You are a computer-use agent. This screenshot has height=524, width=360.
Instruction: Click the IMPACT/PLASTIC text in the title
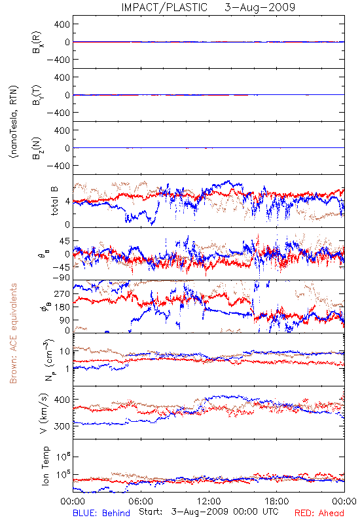click(x=164, y=7)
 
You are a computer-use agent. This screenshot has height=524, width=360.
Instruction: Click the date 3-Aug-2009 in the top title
click(x=260, y=7)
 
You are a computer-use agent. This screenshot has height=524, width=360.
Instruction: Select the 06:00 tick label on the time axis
click(x=141, y=501)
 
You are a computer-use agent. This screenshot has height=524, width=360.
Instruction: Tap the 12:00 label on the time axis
click(x=209, y=501)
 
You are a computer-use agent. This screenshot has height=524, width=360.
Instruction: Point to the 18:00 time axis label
click(x=277, y=501)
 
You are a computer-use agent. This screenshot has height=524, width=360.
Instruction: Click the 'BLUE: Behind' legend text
click(x=101, y=513)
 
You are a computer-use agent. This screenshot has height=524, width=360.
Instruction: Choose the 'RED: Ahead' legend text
click(x=319, y=513)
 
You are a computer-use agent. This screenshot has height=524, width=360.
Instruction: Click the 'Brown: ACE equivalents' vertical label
click(x=13, y=333)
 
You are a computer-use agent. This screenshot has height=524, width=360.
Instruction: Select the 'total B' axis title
click(x=54, y=201)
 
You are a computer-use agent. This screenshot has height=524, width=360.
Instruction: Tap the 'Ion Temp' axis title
click(x=45, y=466)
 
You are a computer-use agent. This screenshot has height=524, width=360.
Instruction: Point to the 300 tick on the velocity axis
click(x=63, y=426)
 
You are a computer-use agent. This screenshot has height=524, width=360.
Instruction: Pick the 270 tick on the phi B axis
click(x=63, y=293)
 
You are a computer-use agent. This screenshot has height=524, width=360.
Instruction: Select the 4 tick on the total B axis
click(x=68, y=202)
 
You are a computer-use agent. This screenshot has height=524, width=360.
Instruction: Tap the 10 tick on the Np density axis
click(x=65, y=351)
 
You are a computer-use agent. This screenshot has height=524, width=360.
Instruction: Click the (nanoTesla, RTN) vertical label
click(x=14, y=122)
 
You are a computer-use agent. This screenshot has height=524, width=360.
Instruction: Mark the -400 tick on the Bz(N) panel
click(x=58, y=166)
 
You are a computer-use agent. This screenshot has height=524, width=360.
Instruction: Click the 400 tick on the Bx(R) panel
click(x=63, y=24)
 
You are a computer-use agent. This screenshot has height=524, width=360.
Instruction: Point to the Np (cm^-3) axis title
click(x=48, y=359)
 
